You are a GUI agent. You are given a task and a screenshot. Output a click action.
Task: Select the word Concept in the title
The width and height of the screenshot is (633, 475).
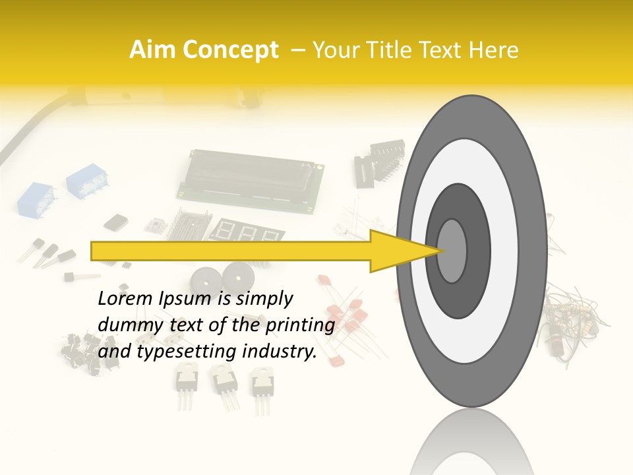point(230,51)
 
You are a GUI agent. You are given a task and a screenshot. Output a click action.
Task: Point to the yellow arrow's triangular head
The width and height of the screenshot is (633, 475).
point(402,251)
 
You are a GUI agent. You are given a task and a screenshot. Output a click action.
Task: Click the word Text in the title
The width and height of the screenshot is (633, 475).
point(444,50)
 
